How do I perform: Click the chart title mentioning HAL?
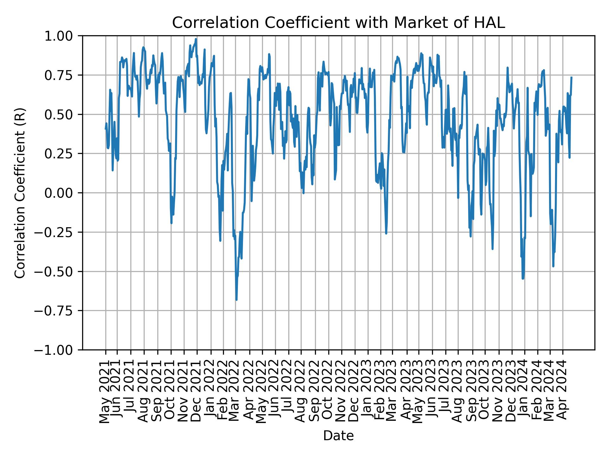[338, 23]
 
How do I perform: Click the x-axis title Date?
[338, 436]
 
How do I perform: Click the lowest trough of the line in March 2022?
[236, 300]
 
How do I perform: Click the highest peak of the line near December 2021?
[196, 39]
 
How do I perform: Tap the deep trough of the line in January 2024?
[523, 279]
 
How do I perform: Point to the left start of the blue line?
[106, 129]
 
